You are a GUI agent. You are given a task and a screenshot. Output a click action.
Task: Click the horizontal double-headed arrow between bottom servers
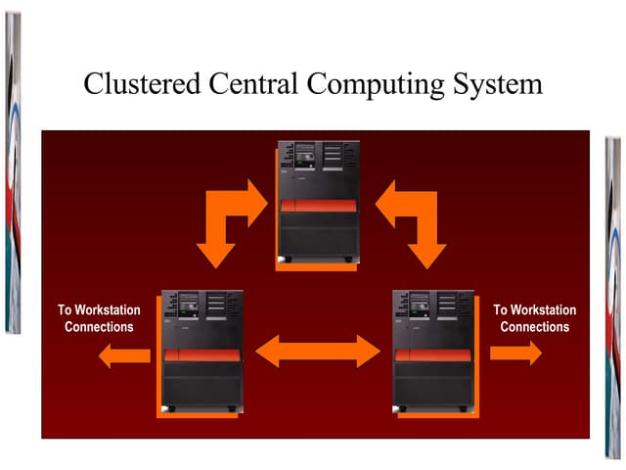pyautogui.click(x=317, y=350)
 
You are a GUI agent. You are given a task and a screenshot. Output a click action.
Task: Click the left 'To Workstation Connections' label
pyautogui.click(x=99, y=318)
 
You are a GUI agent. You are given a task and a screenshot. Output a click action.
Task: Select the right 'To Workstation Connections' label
pyautogui.click(x=534, y=318)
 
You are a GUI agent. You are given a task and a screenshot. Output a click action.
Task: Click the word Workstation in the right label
pyautogui.click(x=543, y=310)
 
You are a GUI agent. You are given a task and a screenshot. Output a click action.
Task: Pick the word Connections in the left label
pyautogui.click(x=99, y=327)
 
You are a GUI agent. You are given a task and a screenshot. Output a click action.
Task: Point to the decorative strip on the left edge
pyautogui.click(x=12, y=166)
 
